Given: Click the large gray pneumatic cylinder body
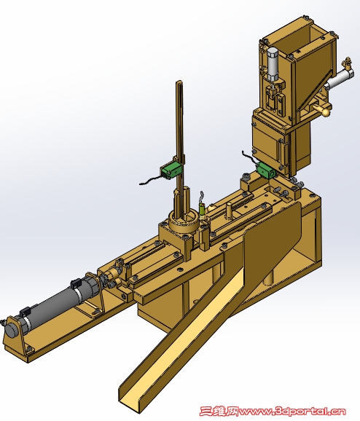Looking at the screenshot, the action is click(x=54, y=304).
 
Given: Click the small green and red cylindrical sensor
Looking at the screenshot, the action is click(x=202, y=210).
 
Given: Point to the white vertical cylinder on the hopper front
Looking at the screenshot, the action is click(x=273, y=64).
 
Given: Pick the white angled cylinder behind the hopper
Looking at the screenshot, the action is click(x=337, y=79).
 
